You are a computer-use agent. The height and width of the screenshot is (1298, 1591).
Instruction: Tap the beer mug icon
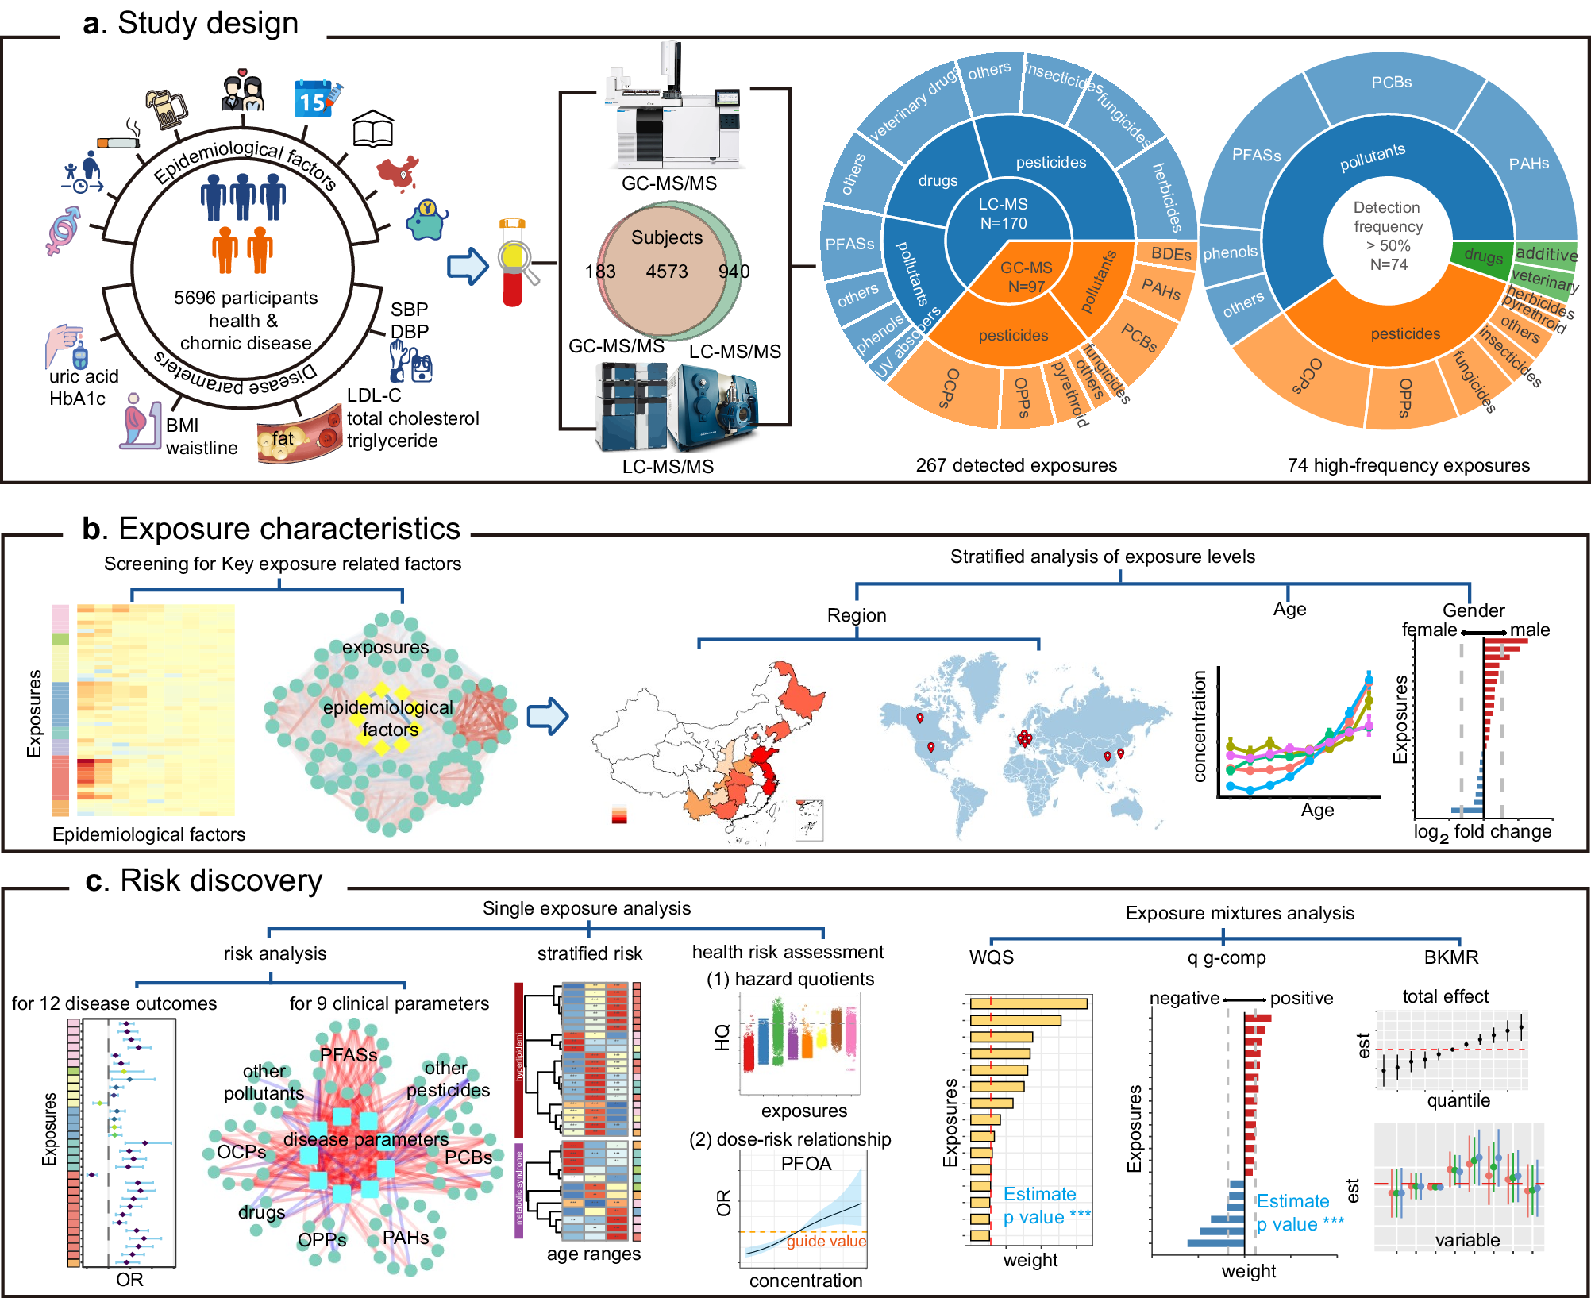click(166, 109)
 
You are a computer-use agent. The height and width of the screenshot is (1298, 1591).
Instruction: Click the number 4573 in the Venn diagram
click(666, 272)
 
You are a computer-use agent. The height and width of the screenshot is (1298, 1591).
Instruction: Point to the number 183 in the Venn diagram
click(600, 272)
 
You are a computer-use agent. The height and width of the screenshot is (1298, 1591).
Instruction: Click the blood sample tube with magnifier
click(514, 263)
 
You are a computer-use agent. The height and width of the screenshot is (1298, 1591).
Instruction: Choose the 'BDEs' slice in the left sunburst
click(1171, 254)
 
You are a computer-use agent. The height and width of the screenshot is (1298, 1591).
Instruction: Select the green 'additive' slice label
click(1546, 254)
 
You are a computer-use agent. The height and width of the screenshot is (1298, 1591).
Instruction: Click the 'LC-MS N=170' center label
click(1003, 214)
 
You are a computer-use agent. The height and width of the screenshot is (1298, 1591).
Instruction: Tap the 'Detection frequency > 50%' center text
click(1388, 235)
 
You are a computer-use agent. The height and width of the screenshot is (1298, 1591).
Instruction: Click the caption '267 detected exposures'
click(1016, 465)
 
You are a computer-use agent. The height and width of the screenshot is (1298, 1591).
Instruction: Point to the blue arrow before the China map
click(548, 716)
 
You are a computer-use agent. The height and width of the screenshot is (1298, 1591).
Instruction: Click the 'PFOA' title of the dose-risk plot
click(806, 1164)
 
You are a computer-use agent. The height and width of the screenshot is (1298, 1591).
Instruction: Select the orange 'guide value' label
click(826, 1241)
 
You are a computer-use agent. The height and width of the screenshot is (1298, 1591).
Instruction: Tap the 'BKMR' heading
click(1450, 957)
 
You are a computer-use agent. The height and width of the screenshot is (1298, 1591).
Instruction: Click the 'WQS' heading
click(991, 957)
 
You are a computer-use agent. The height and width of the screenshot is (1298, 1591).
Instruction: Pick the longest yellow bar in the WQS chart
click(1028, 1003)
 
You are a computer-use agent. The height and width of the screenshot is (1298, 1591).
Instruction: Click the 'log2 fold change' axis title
click(1482, 832)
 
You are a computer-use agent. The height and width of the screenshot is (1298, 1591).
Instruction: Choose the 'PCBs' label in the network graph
click(468, 1157)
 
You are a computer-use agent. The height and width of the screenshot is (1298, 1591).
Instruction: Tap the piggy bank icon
click(427, 221)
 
